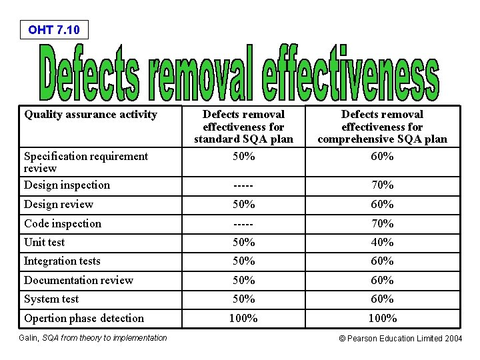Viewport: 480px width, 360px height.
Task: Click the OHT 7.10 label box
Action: [x=54, y=29]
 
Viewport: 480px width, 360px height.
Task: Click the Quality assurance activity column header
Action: [x=91, y=114]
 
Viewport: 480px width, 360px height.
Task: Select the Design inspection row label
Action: [x=67, y=185]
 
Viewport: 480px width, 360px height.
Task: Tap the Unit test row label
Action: [x=45, y=242]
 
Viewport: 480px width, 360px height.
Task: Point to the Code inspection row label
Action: [x=63, y=223]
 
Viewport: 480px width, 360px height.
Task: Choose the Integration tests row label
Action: [x=62, y=261]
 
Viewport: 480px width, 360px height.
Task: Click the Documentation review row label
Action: [x=79, y=280]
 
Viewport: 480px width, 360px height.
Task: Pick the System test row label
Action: [x=51, y=299]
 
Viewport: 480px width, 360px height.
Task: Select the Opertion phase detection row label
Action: [x=84, y=318]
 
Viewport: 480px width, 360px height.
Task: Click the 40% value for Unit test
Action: [x=382, y=242]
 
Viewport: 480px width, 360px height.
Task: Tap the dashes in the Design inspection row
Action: [x=243, y=185]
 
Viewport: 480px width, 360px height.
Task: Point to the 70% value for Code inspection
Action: [x=382, y=223]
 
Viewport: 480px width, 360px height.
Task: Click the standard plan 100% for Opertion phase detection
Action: [x=243, y=318]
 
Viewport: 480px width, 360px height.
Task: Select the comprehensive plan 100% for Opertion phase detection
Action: [x=382, y=318]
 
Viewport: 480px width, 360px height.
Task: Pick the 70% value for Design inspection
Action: [x=382, y=185]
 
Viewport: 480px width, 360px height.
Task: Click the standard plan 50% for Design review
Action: [x=243, y=204]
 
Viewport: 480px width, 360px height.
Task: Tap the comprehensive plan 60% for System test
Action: [x=382, y=299]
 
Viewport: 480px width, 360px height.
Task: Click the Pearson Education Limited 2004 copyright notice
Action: [x=400, y=339]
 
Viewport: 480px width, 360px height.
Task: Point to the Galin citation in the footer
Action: [x=95, y=338]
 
